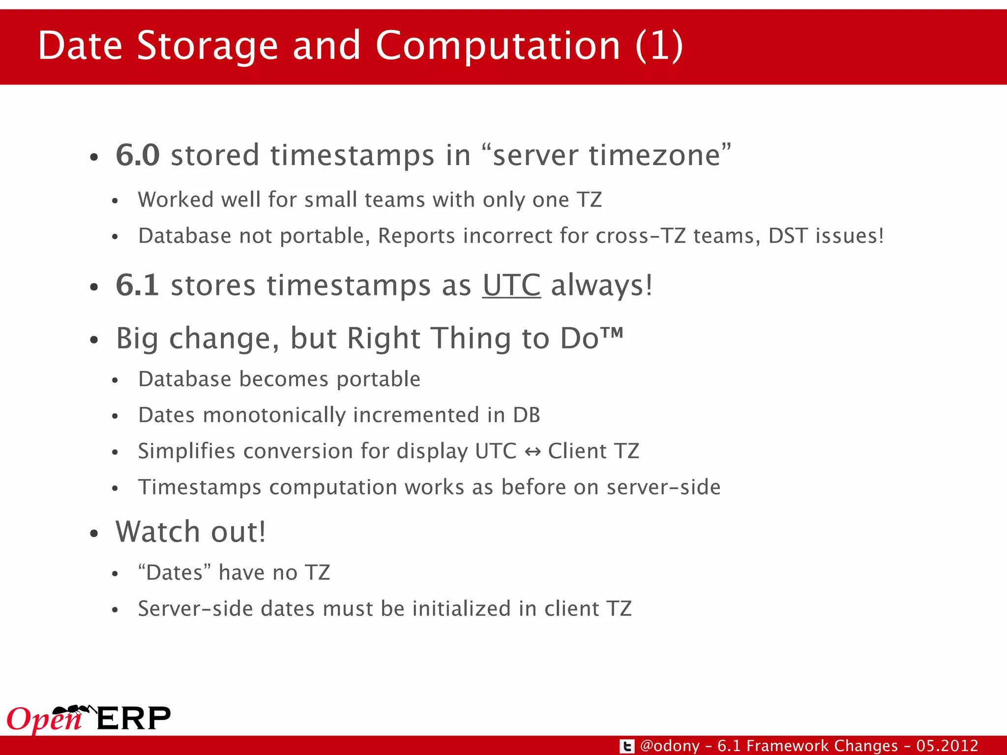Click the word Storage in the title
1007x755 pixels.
[x=207, y=46]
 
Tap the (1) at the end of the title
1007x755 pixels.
[x=659, y=46]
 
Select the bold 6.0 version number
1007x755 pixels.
[x=138, y=155]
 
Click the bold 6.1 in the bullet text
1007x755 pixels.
[x=137, y=285]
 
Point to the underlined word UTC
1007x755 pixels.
[x=511, y=285]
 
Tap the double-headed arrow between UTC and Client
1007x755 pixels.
[x=533, y=451]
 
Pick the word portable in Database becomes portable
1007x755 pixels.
[x=379, y=379]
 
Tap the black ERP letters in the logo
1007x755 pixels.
[x=134, y=719]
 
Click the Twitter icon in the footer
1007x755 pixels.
[x=627, y=746]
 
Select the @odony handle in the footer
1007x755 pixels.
[x=670, y=746]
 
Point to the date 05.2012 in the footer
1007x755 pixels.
[x=947, y=746]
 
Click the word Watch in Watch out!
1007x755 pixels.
[x=157, y=532]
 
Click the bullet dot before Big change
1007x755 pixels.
[x=94, y=340]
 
